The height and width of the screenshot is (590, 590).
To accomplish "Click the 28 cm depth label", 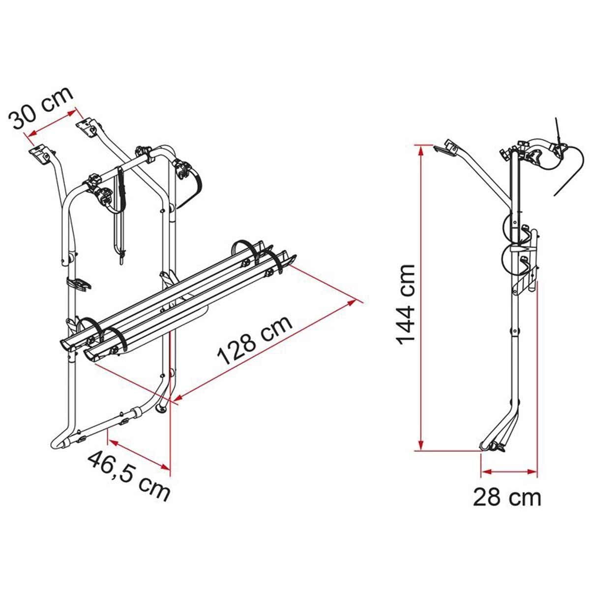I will [x=507, y=498].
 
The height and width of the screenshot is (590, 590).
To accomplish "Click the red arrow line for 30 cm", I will [x=53, y=122].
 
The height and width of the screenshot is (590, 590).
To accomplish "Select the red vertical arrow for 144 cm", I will [x=420, y=295].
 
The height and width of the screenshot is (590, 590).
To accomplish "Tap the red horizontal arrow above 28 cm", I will [x=508, y=472].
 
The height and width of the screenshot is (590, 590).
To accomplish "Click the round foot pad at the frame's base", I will [x=161, y=409].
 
